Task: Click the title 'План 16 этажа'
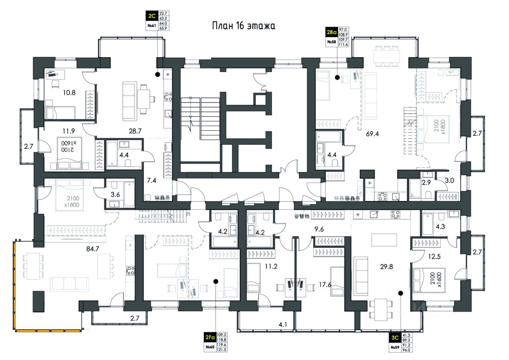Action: (243, 26)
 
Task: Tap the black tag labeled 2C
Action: (151, 17)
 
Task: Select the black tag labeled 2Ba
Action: (332, 31)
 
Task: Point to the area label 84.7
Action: (93, 250)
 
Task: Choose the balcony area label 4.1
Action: (283, 325)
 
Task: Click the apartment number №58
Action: (332, 42)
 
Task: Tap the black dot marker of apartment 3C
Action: (400, 294)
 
